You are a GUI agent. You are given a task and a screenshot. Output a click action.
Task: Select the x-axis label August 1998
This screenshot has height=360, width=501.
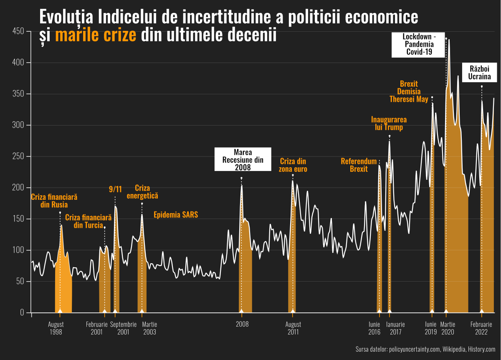click(56, 328)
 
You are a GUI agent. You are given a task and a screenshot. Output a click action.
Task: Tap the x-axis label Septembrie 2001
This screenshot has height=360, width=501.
click(123, 328)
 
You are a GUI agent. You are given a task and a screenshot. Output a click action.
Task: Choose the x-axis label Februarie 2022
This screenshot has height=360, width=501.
click(482, 328)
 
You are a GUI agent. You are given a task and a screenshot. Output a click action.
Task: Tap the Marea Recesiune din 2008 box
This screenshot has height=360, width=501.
click(243, 159)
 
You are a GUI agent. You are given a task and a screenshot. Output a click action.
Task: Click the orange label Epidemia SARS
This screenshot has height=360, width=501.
click(176, 215)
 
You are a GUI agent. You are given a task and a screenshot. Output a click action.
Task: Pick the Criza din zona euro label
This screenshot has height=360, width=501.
click(293, 165)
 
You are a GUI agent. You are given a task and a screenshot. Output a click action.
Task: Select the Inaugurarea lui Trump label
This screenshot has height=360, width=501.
click(389, 123)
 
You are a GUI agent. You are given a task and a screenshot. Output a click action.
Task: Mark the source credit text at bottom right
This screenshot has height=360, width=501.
click(425, 349)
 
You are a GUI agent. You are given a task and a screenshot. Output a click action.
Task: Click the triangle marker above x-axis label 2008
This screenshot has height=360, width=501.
click(241, 310)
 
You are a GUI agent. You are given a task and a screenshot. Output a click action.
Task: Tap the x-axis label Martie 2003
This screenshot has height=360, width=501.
click(149, 328)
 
